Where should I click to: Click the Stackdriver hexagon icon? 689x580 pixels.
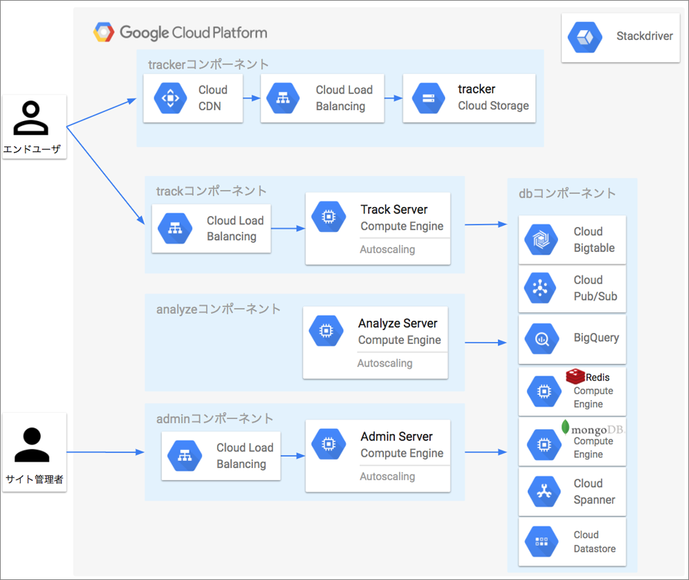pos(585,37)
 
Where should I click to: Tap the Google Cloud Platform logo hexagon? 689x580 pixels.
pos(104,32)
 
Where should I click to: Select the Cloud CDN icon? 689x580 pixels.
pos(170,98)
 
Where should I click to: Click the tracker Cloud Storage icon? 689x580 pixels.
pos(429,98)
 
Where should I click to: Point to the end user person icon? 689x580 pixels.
pos(31,118)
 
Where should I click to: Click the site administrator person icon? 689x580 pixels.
pos(32,444)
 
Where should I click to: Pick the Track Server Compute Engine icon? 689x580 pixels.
pos(329,216)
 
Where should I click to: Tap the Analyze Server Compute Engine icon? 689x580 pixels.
pos(326,330)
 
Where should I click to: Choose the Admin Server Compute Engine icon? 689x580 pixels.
pos(329,444)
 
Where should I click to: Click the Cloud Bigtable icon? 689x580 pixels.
pos(541,239)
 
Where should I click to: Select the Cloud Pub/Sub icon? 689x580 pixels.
pos(540,288)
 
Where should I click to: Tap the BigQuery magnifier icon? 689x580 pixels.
pos(542,339)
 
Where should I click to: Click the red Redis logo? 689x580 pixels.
pos(575,376)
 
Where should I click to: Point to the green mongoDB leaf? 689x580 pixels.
pos(566,427)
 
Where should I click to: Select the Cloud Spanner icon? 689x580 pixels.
pos(544,491)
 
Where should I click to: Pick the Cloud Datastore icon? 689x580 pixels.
pos(542,541)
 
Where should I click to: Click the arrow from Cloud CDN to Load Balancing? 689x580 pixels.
pos(251,98)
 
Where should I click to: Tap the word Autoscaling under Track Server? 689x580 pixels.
pos(387,249)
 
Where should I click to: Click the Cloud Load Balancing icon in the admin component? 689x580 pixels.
pos(185,456)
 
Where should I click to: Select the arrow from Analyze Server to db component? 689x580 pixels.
pos(486,342)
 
